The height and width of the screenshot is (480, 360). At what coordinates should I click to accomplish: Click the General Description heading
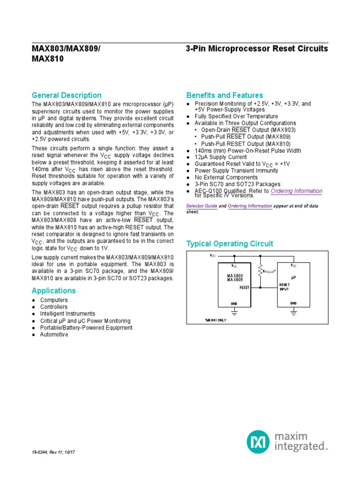click(x=66, y=95)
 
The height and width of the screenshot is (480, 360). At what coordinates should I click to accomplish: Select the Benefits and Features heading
click(x=225, y=95)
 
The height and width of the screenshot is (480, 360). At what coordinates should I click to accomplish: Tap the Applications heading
click(x=53, y=291)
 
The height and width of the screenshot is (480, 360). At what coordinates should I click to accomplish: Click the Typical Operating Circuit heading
click(x=230, y=244)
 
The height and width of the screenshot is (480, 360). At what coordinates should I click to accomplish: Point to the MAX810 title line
click(x=47, y=60)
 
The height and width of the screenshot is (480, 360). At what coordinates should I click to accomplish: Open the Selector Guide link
click(x=202, y=206)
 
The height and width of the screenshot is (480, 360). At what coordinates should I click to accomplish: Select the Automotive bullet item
click(x=54, y=335)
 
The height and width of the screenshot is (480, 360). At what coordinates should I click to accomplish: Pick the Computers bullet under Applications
click(x=54, y=300)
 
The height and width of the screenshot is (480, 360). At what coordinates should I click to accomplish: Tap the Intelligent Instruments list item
click(x=67, y=314)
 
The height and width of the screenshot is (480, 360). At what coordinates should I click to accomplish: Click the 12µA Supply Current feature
click(x=220, y=157)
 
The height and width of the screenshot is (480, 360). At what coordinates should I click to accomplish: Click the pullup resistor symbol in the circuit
click(x=259, y=270)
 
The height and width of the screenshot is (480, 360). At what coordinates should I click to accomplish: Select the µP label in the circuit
click(x=294, y=277)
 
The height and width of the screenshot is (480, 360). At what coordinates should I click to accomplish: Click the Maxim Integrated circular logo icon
click(x=258, y=442)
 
